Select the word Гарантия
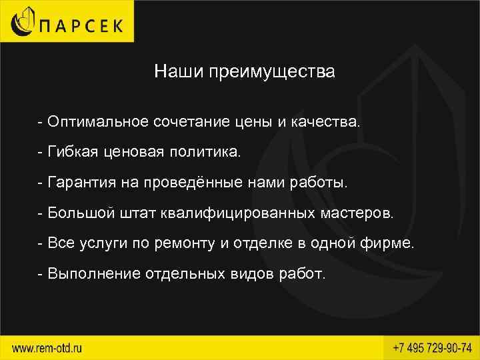tap(83, 183)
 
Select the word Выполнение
tap(93, 273)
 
